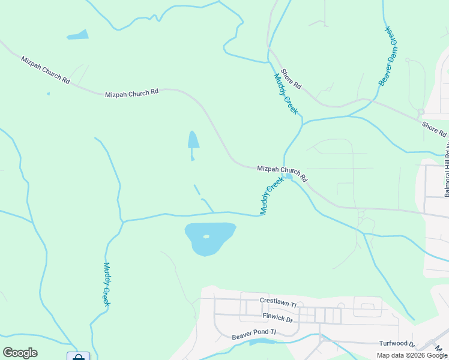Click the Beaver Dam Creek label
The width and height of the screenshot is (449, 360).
[x=388, y=56]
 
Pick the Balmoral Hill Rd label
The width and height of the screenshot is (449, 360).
[x=447, y=161]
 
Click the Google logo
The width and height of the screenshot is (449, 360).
[x=20, y=353]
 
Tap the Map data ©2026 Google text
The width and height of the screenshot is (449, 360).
[x=412, y=355]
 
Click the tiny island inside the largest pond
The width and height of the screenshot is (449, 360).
[x=206, y=236]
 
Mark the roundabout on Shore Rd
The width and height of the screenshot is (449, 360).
[x=421, y=112]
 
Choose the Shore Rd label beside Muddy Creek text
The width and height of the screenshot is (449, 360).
[x=291, y=79]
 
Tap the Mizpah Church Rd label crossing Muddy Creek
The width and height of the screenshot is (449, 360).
[x=282, y=173]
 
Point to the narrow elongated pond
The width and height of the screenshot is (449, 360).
[x=193, y=141]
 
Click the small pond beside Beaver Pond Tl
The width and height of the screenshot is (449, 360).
[x=262, y=341]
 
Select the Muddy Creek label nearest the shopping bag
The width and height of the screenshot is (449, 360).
[x=106, y=284]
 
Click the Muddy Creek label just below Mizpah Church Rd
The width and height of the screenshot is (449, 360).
[x=271, y=195]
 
